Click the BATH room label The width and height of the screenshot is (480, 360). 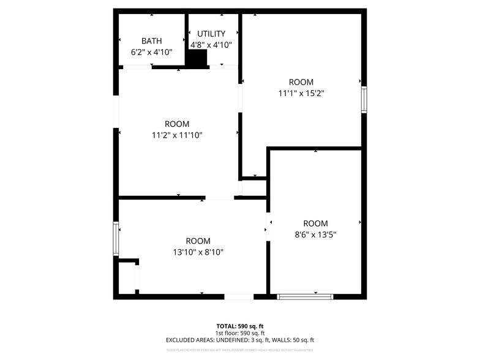[152, 41]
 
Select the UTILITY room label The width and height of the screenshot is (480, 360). [211, 34]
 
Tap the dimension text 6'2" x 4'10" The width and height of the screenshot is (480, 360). [152, 53]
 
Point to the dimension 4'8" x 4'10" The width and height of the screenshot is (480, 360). [211, 45]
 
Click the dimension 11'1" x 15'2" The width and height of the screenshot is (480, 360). [301, 94]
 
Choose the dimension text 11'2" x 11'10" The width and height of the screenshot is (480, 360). [177, 135]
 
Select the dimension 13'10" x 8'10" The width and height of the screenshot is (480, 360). [198, 252]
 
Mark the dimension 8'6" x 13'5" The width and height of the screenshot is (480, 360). [315, 234]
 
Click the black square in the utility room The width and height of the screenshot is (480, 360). [197, 59]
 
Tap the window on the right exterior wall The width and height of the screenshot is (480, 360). [364, 100]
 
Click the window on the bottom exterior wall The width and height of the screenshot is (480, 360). [305, 297]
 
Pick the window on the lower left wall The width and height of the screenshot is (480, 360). [115, 238]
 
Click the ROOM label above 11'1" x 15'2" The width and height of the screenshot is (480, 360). [301, 82]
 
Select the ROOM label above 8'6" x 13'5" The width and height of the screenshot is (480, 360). [315, 223]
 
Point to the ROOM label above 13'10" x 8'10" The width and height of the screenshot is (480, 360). [198, 241]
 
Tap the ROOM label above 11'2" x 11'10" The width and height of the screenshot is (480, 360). [177, 124]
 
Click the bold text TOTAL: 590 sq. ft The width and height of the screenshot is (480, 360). [239, 326]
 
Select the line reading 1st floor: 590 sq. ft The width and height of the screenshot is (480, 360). [239, 333]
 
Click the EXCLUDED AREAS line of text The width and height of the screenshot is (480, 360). [239, 340]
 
